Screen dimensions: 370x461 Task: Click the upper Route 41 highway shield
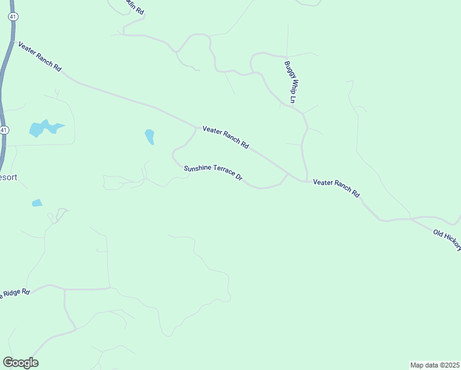[12, 17]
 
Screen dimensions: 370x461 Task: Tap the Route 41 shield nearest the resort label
[4, 130]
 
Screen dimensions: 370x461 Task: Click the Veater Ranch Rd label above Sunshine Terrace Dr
[226, 138]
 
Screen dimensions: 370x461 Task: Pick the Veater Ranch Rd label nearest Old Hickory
[336, 187]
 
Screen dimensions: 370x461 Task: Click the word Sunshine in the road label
[197, 168]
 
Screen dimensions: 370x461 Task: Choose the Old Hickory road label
[447, 239]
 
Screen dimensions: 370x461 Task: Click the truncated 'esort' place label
[9, 177]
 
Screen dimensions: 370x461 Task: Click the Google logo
[20, 363]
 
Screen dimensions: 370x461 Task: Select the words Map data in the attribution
[425, 364]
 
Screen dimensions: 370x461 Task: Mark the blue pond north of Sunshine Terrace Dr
[149, 136]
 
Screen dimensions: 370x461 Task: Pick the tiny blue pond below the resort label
[37, 202]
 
